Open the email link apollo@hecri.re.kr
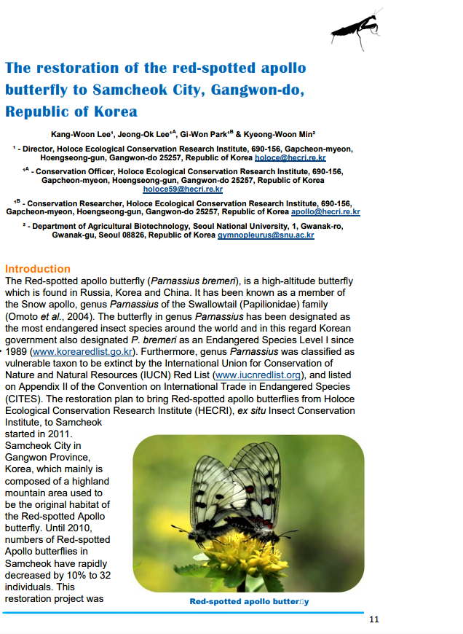click(325, 212)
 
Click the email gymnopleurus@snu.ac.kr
click(266, 235)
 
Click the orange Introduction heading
click(38, 269)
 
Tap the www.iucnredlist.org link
click(261, 375)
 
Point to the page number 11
click(374, 620)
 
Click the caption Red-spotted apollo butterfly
click(249, 602)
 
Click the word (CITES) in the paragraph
click(26, 399)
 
